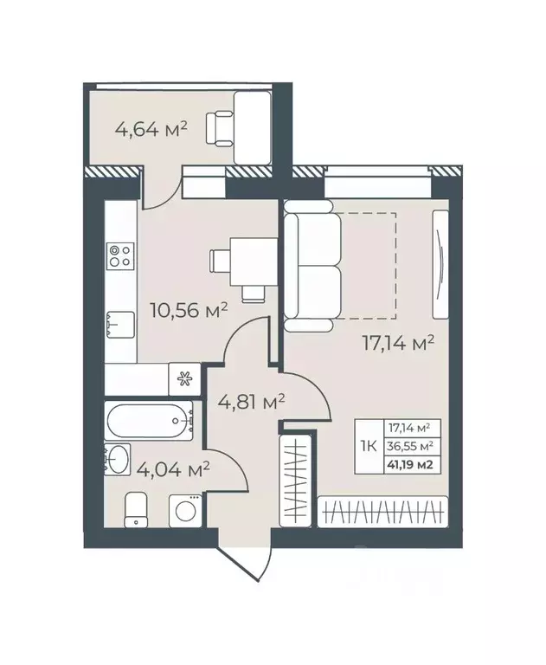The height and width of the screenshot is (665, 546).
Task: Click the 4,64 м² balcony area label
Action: (151, 132)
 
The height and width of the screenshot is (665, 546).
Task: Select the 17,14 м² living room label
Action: (397, 344)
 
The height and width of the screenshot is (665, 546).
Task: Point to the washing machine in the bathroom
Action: (184, 511)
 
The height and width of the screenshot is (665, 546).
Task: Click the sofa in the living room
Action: (313, 266)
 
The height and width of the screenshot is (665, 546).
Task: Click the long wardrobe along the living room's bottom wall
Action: (383, 512)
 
